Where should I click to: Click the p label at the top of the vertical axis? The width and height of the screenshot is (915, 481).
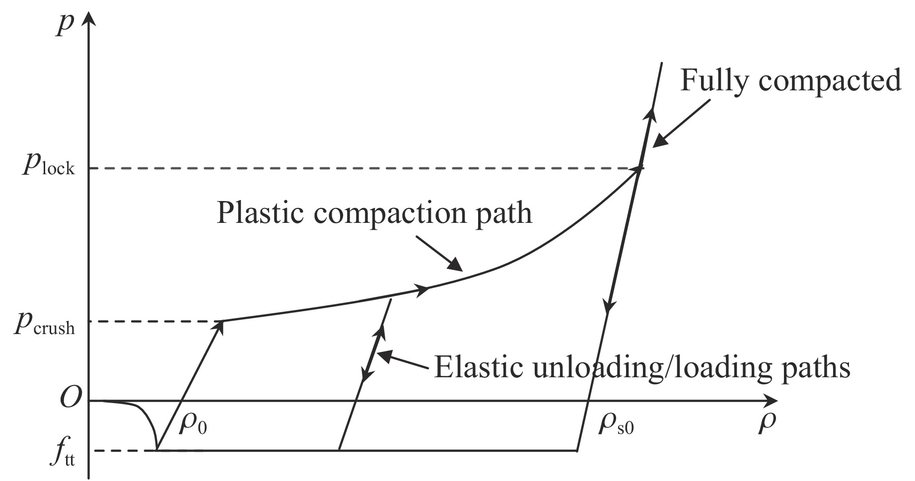63,23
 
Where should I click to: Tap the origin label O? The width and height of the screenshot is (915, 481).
70,399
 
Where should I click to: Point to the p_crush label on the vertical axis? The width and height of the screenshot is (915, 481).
45,324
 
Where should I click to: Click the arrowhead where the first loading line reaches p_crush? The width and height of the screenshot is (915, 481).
218,328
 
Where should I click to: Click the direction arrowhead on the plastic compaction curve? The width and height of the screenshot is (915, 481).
422,290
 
